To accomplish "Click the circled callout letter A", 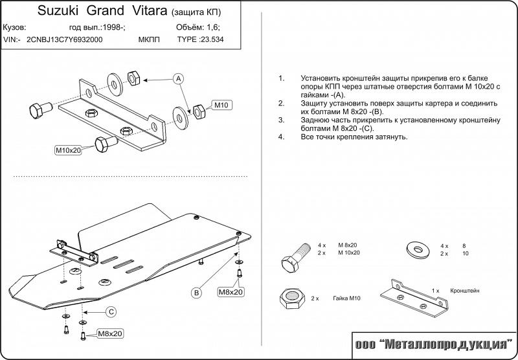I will click(x=179, y=78).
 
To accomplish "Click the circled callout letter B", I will click(x=196, y=293).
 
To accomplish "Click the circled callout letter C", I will click(x=111, y=312).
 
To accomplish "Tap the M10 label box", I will click(x=222, y=105).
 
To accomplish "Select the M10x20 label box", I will click(x=67, y=150).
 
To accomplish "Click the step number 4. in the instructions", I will click(x=281, y=137).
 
